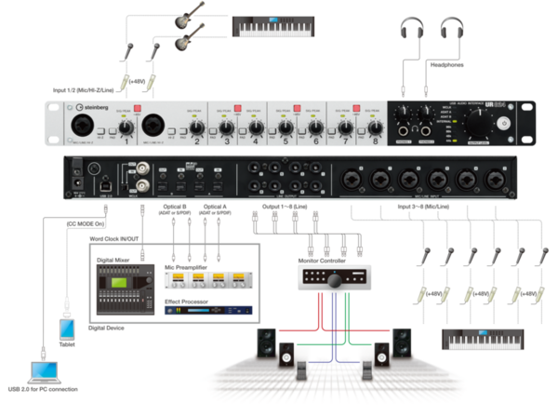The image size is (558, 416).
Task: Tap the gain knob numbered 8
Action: click(375, 128)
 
